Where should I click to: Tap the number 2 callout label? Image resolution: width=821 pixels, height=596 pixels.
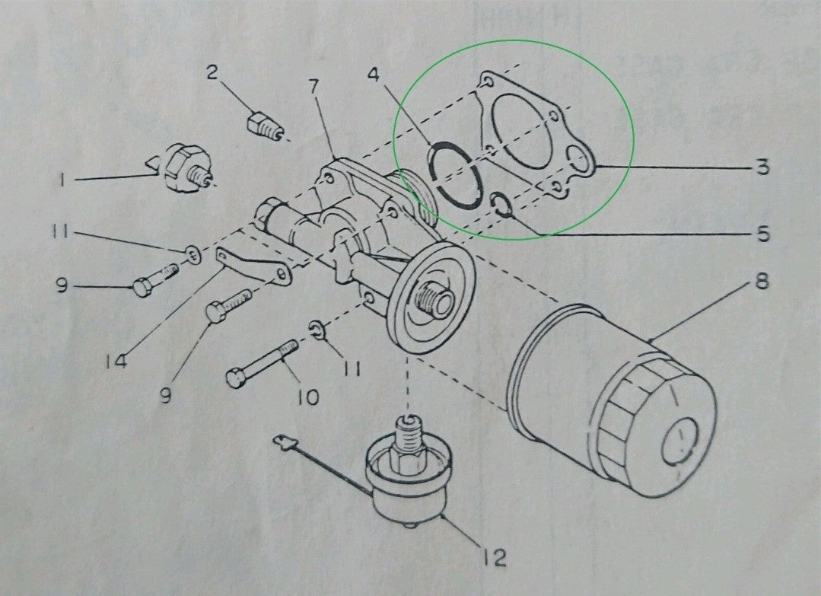click(212, 73)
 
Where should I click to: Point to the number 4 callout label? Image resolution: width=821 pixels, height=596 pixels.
click(372, 75)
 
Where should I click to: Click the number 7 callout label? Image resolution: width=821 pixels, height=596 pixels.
click(313, 88)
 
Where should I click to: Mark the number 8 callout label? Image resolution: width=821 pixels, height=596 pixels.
click(760, 282)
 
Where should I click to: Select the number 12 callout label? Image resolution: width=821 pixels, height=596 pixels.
click(494, 558)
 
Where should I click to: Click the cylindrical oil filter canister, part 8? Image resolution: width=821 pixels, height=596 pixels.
click(616, 403)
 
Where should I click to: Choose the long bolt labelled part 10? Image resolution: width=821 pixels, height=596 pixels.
click(263, 363)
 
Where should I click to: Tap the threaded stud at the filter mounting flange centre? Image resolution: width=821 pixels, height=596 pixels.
click(434, 299)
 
